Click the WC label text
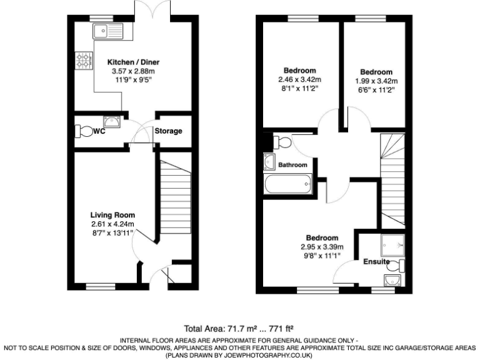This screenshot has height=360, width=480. (98, 131)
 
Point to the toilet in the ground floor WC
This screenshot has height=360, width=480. (82, 131)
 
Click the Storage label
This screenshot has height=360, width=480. (169, 131)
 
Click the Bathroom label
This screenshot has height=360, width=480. (293, 165)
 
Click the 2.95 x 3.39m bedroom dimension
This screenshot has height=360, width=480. (322, 247)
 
